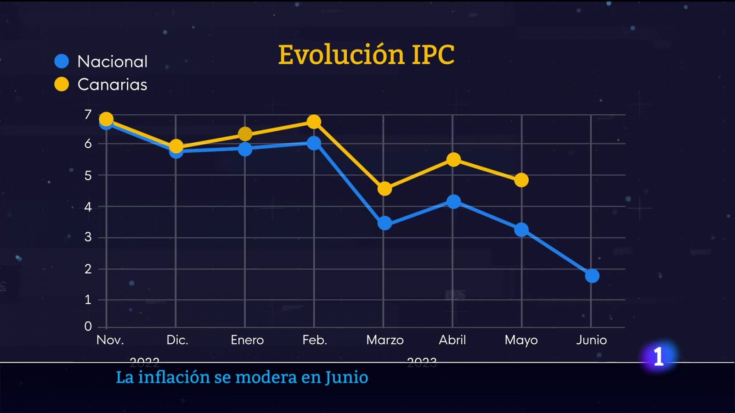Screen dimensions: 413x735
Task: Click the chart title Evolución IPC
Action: tap(366, 55)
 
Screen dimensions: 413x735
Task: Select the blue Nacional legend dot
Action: tap(62, 61)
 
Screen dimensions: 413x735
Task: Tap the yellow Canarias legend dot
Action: tap(62, 84)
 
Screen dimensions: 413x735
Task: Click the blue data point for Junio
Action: tap(592, 276)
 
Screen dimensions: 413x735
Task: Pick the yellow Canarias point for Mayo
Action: tap(521, 180)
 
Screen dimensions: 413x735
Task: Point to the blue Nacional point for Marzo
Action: tap(384, 223)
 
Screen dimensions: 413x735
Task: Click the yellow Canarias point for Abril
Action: tap(453, 160)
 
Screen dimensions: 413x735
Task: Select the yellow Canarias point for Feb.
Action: tap(314, 122)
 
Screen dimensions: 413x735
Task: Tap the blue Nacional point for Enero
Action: tap(245, 149)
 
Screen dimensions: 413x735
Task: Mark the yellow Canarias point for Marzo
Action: tap(384, 189)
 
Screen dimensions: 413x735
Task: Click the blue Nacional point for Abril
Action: tap(453, 201)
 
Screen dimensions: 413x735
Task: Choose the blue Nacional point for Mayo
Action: tap(521, 229)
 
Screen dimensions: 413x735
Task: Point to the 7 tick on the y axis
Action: tap(88, 114)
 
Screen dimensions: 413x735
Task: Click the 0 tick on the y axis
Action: tap(88, 326)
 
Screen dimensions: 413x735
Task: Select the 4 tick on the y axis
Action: tap(88, 206)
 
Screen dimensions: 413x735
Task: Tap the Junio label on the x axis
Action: tap(592, 340)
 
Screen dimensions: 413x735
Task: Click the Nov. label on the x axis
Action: tap(110, 340)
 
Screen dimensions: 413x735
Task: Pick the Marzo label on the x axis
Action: tap(385, 340)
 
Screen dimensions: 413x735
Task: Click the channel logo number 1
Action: tap(659, 356)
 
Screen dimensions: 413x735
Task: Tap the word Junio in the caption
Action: tap(347, 378)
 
